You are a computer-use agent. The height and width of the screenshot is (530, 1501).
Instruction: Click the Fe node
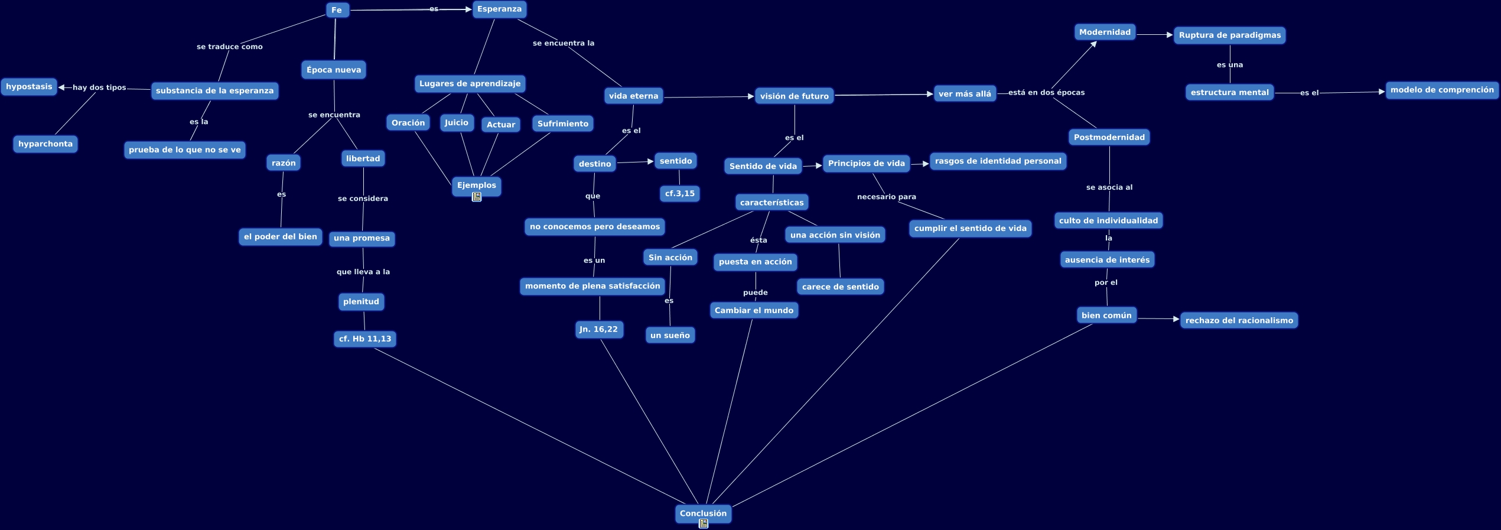click(337, 10)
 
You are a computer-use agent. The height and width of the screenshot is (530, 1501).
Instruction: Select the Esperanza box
click(499, 9)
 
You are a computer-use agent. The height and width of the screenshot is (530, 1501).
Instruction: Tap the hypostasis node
click(29, 87)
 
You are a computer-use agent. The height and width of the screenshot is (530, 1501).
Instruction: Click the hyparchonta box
click(45, 144)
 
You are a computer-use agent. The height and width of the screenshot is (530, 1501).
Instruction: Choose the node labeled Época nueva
click(334, 70)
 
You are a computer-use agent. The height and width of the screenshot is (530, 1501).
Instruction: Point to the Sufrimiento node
click(562, 124)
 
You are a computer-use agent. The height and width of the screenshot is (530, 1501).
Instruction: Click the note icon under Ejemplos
click(477, 197)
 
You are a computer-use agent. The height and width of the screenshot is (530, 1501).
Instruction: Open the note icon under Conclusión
click(703, 524)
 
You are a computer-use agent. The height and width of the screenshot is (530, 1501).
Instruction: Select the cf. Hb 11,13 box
click(365, 339)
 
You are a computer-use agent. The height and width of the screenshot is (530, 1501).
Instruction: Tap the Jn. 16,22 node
click(599, 330)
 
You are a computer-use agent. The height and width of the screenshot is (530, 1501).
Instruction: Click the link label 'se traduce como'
click(230, 47)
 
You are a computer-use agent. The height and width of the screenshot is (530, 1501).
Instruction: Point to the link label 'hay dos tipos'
click(99, 87)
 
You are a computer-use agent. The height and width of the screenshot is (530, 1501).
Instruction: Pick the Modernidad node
click(1105, 32)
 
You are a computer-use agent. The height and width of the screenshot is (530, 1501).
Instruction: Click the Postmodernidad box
click(1109, 138)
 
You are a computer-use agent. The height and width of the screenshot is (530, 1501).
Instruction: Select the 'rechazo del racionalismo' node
click(1239, 321)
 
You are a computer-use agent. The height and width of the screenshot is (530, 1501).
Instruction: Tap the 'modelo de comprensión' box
click(1441, 90)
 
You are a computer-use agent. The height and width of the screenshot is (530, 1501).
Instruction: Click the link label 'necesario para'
click(886, 197)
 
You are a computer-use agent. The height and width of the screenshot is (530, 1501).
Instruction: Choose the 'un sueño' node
click(670, 336)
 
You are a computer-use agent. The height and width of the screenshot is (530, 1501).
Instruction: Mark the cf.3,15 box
click(679, 194)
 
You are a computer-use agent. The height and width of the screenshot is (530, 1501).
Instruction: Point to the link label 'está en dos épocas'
click(1046, 93)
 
